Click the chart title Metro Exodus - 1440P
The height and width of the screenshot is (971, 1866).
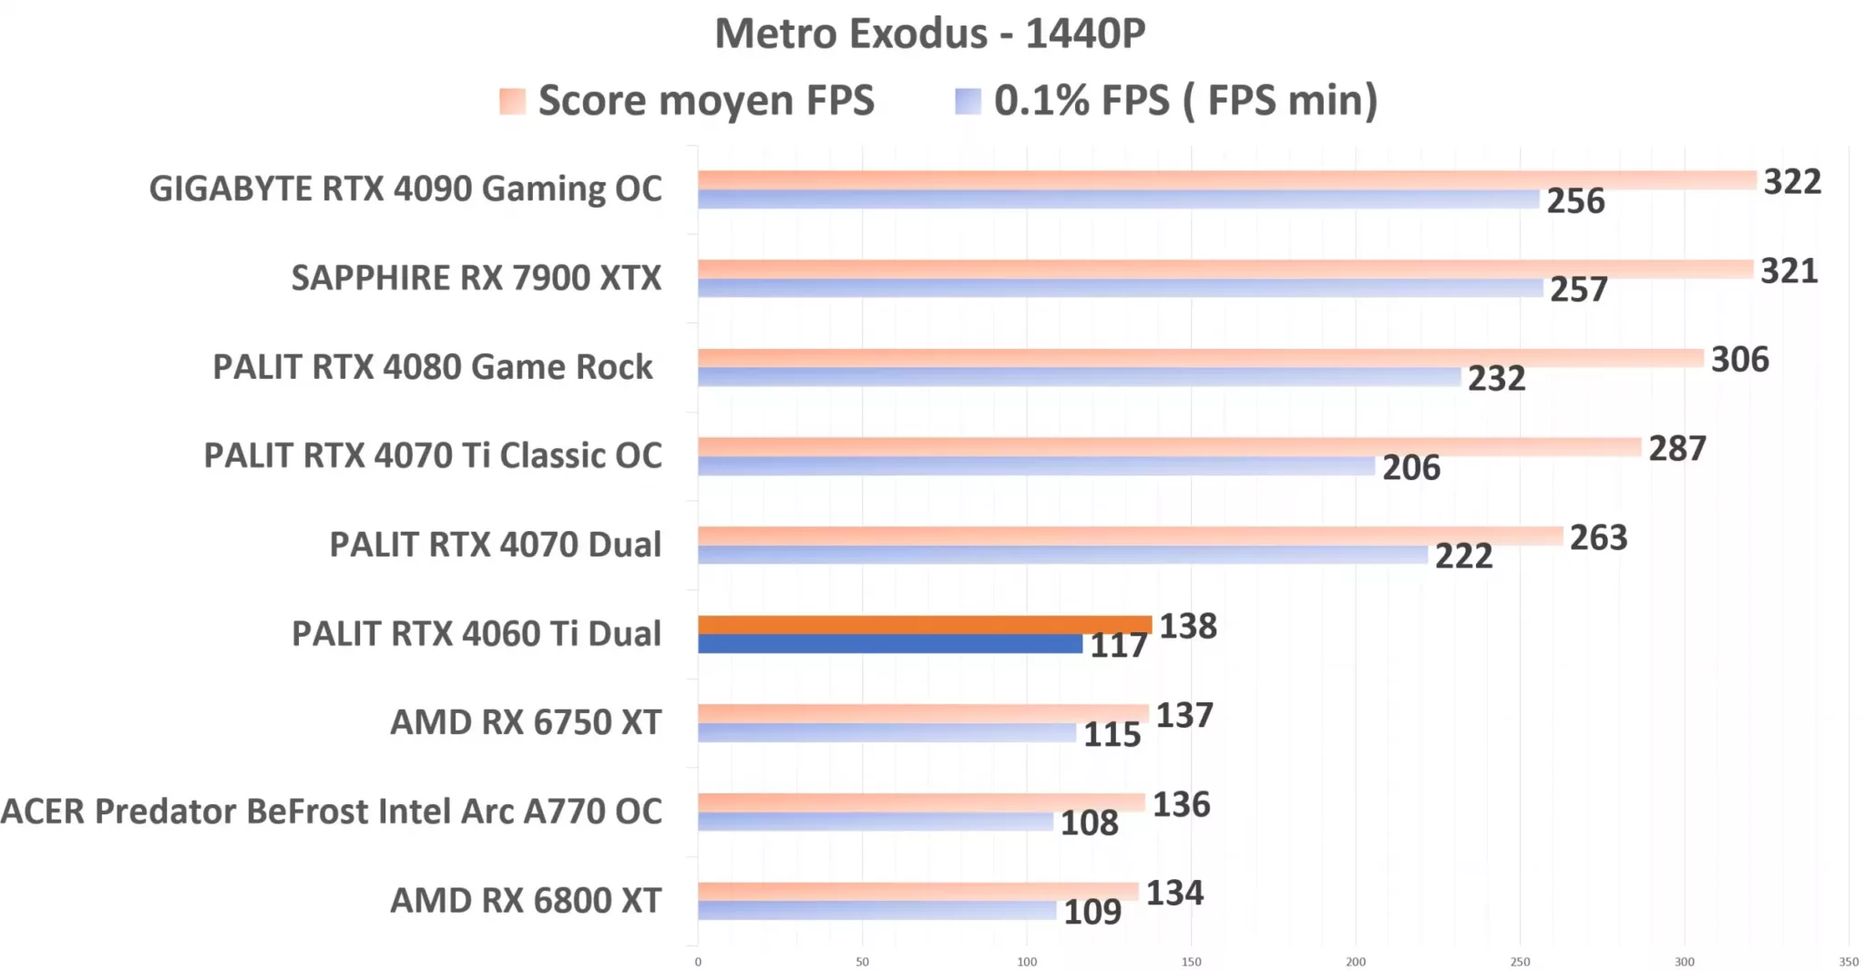point(929,35)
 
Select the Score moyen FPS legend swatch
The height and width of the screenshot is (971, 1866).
point(512,101)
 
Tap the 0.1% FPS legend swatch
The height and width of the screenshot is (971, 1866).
point(968,101)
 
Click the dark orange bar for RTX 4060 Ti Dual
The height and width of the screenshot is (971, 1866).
point(925,625)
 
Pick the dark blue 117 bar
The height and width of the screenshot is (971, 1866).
point(889,644)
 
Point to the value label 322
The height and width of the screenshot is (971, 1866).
point(1791,182)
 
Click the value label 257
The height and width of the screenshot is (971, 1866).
point(1578,290)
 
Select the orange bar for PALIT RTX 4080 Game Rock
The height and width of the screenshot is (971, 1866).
point(1200,358)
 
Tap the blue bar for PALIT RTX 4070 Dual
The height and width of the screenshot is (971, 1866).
point(1062,555)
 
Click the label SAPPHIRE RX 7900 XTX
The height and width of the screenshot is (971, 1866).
point(476,278)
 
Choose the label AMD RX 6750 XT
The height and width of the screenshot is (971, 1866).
point(525,722)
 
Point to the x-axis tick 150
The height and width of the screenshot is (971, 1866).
point(1191,962)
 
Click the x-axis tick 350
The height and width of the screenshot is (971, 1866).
point(1848,962)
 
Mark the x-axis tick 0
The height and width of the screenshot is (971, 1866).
point(698,962)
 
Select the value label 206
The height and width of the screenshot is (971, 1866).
point(1410,468)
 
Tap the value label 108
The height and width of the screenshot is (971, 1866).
point(1089,823)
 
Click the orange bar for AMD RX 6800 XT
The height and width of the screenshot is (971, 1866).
point(918,891)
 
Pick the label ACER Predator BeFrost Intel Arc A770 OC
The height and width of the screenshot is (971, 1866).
point(332,812)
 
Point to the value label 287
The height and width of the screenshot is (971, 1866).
point(1676,449)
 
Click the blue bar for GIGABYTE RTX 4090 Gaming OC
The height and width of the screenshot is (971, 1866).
point(1118,199)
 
